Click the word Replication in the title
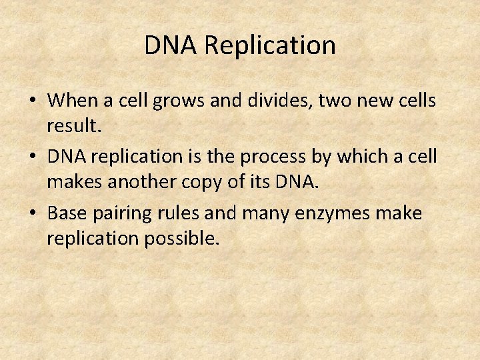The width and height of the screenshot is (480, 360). point(269,46)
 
